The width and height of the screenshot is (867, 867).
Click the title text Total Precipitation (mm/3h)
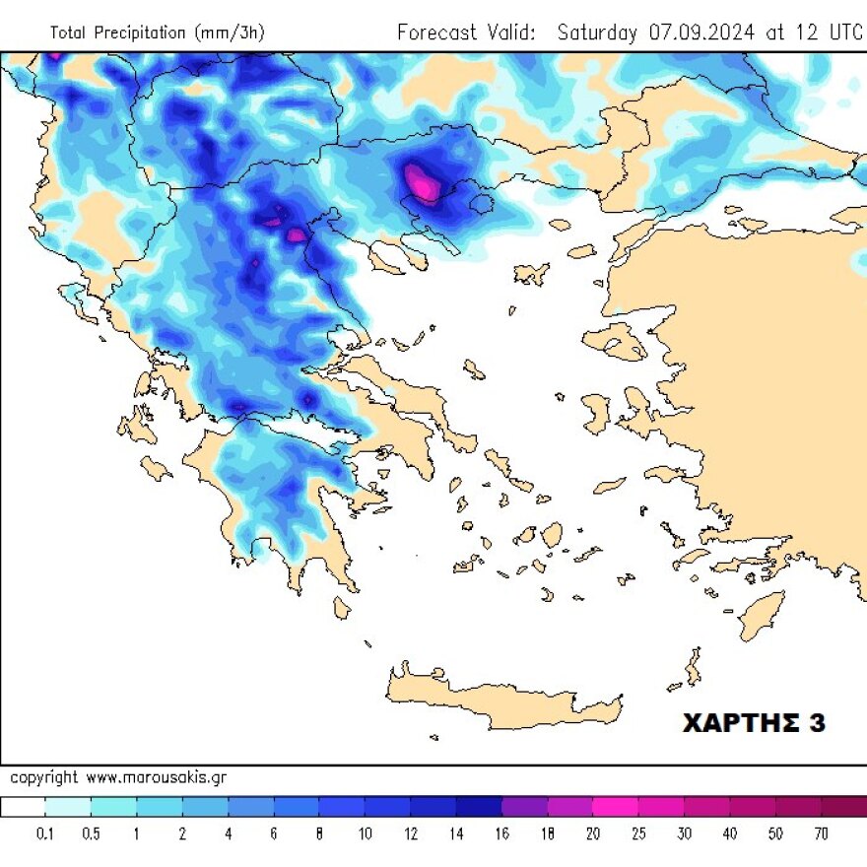tap(157, 33)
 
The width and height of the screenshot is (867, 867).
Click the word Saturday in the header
tap(597, 32)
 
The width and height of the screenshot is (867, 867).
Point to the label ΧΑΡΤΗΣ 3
tap(754, 723)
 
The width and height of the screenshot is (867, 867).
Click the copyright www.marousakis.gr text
tap(118, 777)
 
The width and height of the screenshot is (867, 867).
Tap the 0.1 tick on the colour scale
tap(45, 834)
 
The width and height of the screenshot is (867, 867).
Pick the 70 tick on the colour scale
tap(821, 834)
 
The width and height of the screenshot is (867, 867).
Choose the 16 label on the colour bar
tap(501, 834)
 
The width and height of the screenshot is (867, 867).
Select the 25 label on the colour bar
tap(638, 834)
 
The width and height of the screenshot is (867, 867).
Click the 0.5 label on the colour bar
tap(91, 834)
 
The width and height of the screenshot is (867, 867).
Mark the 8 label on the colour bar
tap(319, 834)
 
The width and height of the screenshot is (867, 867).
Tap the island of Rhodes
tap(761, 615)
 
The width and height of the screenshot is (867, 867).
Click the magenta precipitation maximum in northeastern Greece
tap(423, 183)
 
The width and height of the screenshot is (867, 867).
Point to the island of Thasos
tap(482, 205)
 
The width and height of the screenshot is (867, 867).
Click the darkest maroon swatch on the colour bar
tap(843, 807)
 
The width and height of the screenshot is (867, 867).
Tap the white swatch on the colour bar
tap(23, 807)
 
